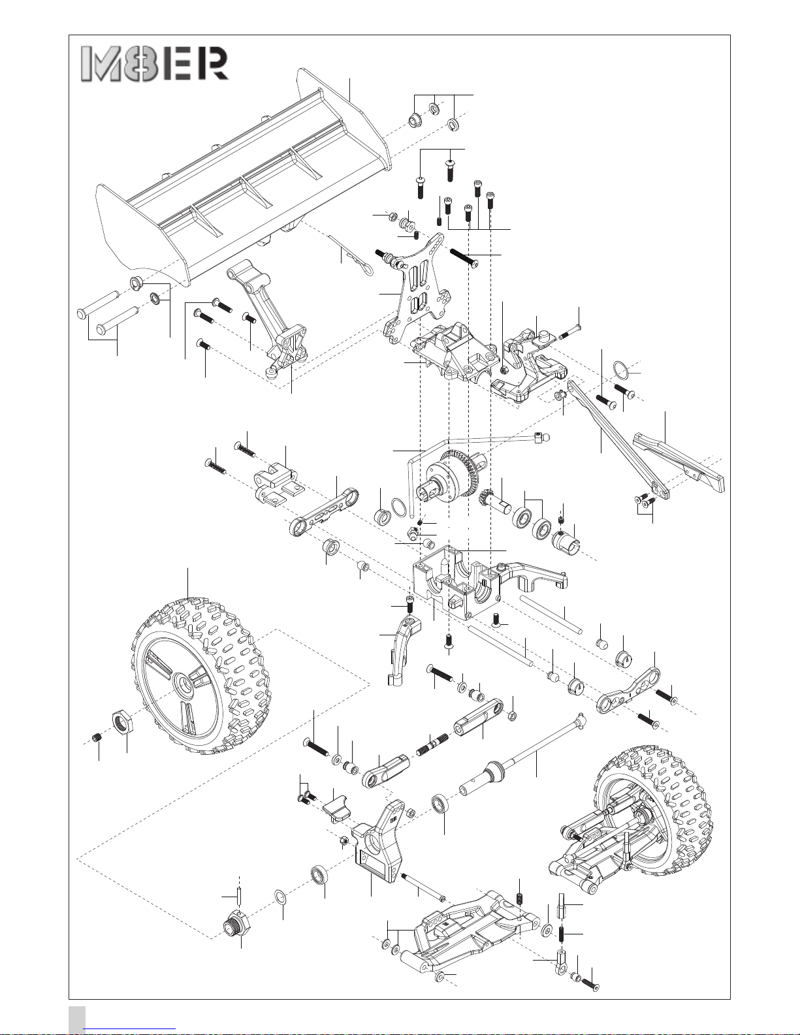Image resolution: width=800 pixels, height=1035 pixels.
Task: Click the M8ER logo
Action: (155, 63)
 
